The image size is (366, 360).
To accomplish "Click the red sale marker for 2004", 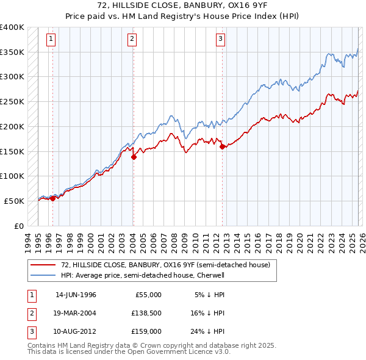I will tap(134, 157).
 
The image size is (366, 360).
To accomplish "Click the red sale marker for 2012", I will tap(222, 146).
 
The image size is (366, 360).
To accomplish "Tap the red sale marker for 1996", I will tap(52, 198).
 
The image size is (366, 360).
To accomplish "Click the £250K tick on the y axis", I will tap(12, 101).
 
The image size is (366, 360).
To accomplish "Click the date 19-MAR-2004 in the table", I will tap(76, 313).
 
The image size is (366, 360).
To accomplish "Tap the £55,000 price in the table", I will tap(147, 295).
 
